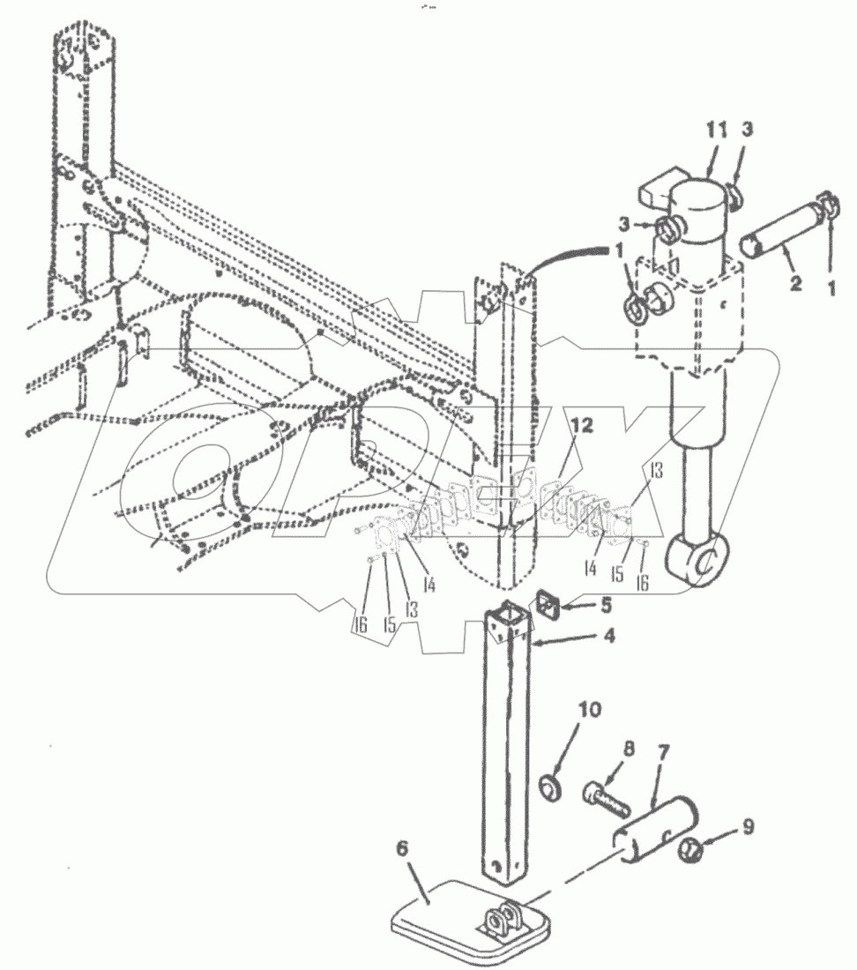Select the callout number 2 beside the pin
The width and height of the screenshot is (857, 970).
click(795, 283)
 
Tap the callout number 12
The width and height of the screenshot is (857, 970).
click(582, 426)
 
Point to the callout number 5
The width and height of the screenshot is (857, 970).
click(606, 604)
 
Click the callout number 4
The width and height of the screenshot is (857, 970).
click(609, 635)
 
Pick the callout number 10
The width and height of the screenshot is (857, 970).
click(590, 709)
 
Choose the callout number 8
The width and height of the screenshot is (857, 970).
click(629, 749)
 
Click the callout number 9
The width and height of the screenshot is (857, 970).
click(749, 826)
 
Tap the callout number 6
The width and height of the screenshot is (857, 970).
click(402, 848)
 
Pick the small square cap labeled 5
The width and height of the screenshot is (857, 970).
click(547, 604)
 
